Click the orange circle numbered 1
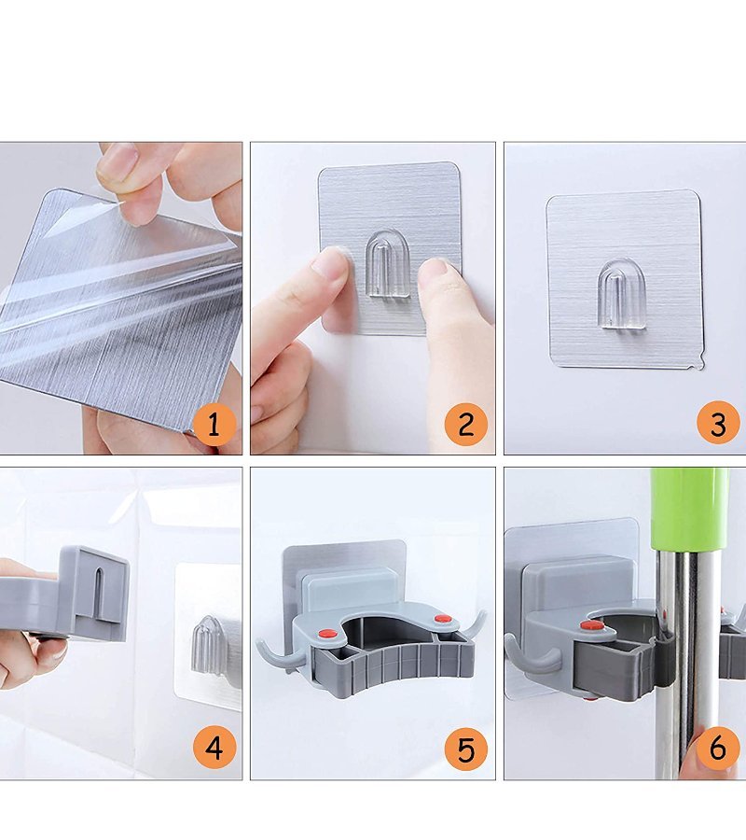click(x=214, y=425)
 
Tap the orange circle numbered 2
click(x=466, y=425)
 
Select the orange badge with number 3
click(x=718, y=423)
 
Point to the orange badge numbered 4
click(x=214, y=748)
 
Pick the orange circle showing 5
click(x=466, y=749)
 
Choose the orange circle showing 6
click(x=718, y=748)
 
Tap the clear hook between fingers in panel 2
click(x=387, y=263)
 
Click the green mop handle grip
click(x=689, y=510)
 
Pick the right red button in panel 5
click(x=443, y=620)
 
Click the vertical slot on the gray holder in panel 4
click(x=99, y=595)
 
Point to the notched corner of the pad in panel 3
click(x=698, y=365)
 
